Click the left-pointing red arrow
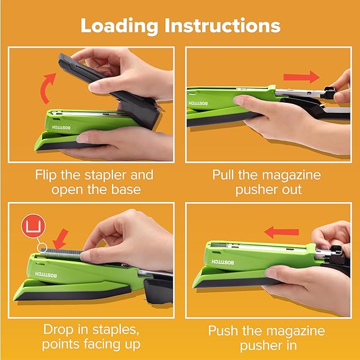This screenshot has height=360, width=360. (282, 231)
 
